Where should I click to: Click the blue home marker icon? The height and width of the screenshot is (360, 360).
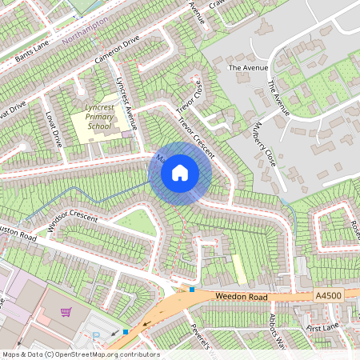pos(180,172)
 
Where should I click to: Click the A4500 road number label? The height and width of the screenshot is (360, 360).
pos(329,295)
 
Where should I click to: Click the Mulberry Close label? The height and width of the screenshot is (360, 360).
pos(265,144)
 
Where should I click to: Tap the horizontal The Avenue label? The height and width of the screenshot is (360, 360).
pos(246,69)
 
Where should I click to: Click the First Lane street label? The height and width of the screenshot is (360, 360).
pos(323,329)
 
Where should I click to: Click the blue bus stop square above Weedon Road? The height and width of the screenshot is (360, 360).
pos(192,290)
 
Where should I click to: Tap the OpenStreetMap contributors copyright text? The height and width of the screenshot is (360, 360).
pos(81,354)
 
